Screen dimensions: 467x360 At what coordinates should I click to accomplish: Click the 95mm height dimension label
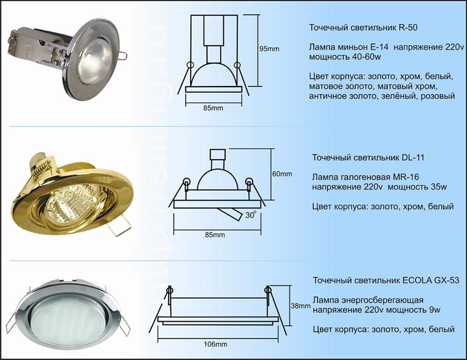(270, 48)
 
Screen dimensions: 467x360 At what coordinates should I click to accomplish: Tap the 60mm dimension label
(282, 174)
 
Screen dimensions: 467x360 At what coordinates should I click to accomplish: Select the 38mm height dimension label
(300, 306)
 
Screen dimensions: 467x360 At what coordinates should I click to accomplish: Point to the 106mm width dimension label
(215, 344)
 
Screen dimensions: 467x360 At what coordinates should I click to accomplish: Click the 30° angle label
(251, 215)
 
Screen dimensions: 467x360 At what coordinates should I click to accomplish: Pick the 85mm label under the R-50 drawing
(213, 108)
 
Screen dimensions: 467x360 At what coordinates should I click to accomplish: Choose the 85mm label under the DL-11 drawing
(215, 235)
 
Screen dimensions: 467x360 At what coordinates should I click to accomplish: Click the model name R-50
(408, 28)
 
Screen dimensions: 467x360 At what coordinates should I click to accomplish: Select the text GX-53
(447, 280)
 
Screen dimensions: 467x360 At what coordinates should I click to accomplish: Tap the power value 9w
(435, 310)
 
